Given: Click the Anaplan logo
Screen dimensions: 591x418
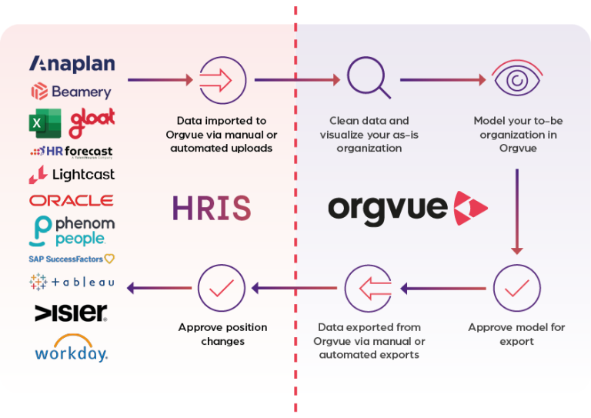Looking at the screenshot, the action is pyautogui.click(x=72, y=64).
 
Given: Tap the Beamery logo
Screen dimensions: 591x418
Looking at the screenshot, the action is pyautogui.click(x=72, y=92).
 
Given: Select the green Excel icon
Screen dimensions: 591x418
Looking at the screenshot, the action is pyautogui.click(x=45, y=123).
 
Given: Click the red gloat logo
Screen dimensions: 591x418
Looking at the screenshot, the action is pyautogui.click(x=92, y=123).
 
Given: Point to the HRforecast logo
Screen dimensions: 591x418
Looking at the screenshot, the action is pyautogui.click(x=72, y=152).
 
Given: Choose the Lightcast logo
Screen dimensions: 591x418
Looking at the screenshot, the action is pyautogui.click(x=72, y=175).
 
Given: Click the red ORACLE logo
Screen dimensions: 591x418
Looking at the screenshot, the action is pyautogui.click(x=72, y=200).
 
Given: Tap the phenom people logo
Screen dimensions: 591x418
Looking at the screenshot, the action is pyautogui.click(x=72, y=231).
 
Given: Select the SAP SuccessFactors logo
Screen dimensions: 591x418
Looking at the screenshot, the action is pyautogui.click(x=72, y=259).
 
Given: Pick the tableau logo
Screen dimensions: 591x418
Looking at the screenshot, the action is pyautogui.click(x=72, y=282).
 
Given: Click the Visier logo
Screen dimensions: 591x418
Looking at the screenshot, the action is pyautogui.click(x=71, y=313).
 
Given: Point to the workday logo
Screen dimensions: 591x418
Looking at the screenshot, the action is pyautogui.click(x=72, y=348).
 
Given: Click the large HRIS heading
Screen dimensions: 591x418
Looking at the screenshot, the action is pyautogui.click(x=212, y=208).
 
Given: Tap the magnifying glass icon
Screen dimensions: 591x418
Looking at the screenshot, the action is pyautogui.click(x=369, y=78).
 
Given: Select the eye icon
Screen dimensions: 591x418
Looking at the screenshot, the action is pyautogui.click(x=517, y=77).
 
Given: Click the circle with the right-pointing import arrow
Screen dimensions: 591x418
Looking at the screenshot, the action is pyautogui.click(x=222, y=80).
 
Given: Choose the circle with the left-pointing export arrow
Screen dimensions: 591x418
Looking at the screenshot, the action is pyautogui.click(x=369, y=289).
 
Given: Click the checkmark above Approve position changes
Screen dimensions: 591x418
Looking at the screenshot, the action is pyautogui.click(x=222, y=288).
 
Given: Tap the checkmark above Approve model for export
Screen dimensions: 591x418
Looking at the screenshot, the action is pyautogui.click(x=517, y=288).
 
